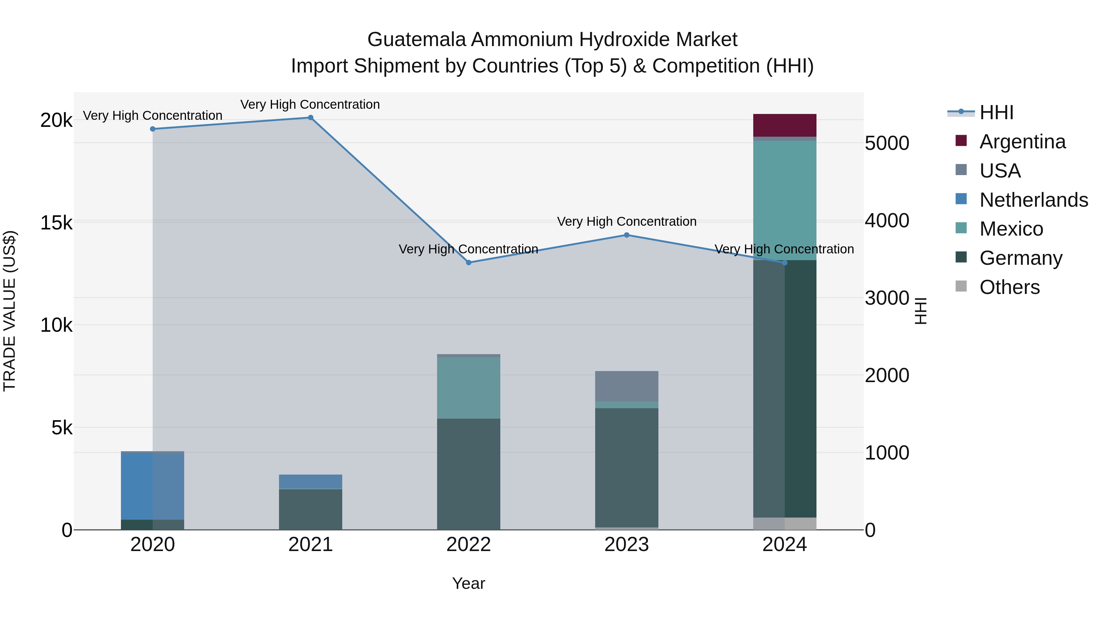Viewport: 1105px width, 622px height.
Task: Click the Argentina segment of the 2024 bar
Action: [785, 125]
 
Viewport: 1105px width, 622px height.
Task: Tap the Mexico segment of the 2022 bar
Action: [468, 388]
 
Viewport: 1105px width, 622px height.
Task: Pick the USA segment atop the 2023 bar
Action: [626, 386]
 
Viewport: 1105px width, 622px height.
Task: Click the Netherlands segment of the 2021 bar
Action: [311, 481]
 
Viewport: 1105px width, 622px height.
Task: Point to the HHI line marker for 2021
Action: [311, 118]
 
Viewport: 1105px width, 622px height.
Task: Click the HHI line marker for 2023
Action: [626, 235]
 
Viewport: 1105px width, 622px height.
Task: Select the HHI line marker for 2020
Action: [153, 129]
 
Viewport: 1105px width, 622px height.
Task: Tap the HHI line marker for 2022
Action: [468, 262]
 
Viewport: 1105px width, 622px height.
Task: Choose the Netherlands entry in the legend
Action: [1033, 200]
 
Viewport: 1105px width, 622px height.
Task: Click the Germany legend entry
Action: [1021, 258]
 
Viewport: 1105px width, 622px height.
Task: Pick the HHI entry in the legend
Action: [996, 112]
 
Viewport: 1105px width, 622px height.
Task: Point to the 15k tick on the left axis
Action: [56, 223]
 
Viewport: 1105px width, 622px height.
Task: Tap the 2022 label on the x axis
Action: [468, 545]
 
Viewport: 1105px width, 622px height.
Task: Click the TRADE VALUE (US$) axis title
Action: [10, 311]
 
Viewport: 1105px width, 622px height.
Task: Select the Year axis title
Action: [468, 583]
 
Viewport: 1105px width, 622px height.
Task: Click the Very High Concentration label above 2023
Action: [626, 221]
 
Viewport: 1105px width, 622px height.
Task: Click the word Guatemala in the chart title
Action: [416, 40]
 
